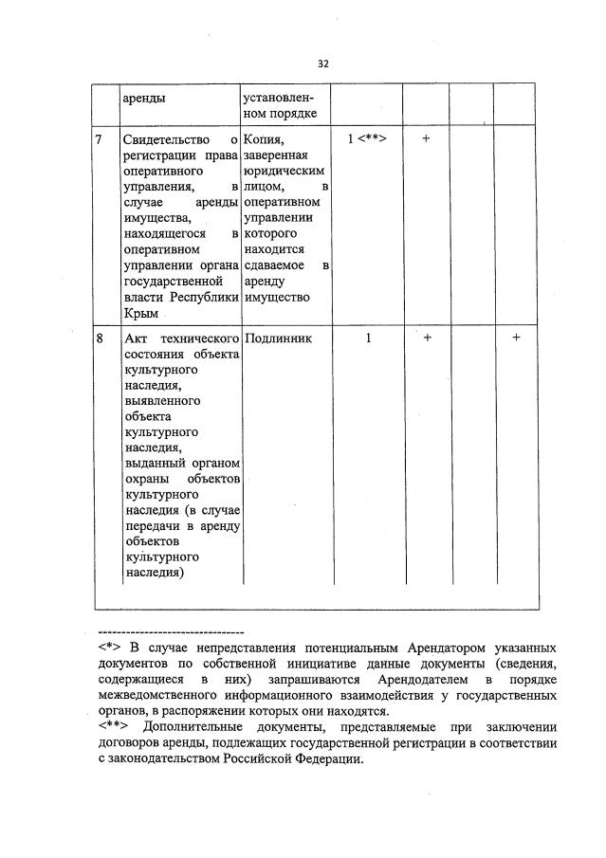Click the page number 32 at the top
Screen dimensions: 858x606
(x=322, y=64)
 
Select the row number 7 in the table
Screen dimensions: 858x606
(x=100, y=140)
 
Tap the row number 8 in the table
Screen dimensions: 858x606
(x=100, y=338)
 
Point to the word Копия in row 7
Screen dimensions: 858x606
(x=263, y=140)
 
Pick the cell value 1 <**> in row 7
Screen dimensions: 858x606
(x=366, y=139)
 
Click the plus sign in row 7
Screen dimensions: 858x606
(x=426, y=139)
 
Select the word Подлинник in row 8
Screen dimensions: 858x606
(x=277, y=338)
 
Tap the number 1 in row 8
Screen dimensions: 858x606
(x=368, y=338)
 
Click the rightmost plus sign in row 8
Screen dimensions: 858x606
(x=516, y=338)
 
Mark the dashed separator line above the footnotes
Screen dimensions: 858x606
(x=171, y=631)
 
